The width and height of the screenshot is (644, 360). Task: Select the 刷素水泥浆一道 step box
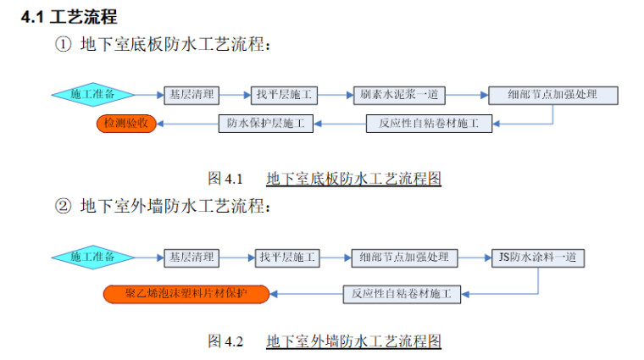(x=401, y=95)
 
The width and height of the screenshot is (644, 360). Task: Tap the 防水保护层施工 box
(x=265, y=124)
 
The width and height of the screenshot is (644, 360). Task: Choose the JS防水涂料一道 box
(x=538, y=257)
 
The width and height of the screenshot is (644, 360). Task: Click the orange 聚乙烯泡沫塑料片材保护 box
(x=186, y=294)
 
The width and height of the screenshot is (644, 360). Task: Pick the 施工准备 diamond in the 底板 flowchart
(x=94, y=94)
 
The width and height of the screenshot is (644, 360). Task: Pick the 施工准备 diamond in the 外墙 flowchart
(x=94, y=256)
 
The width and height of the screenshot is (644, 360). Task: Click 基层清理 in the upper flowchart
(x=192, y=95)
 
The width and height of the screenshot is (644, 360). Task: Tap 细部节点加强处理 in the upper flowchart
(x=553, y=95)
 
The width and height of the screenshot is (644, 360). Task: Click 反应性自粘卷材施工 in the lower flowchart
(x=402, y=294)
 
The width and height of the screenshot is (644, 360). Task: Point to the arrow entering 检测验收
(x=187, y=125)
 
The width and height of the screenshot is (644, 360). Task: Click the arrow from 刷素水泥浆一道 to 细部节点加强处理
(x=468, y=95)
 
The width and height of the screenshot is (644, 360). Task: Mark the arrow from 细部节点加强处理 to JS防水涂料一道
(x=474, y=257)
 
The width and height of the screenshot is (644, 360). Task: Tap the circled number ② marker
(x=63, y=205)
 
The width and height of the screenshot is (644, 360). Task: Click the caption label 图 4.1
(x=225, y=179)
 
